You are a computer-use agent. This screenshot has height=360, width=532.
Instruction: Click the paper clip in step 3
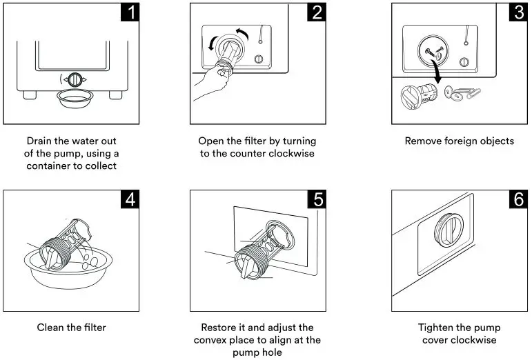click(469, 91)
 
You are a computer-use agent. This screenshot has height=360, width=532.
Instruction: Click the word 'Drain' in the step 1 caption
click(40, 141)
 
